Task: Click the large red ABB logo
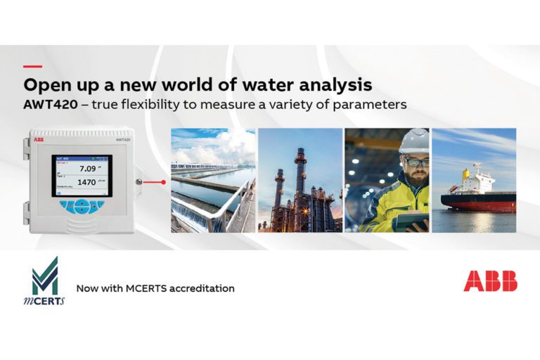490,281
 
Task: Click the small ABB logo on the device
36,140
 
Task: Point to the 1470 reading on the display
86,182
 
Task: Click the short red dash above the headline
32,67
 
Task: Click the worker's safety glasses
415,162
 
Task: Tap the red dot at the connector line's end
163,182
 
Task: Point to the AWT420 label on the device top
115,140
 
